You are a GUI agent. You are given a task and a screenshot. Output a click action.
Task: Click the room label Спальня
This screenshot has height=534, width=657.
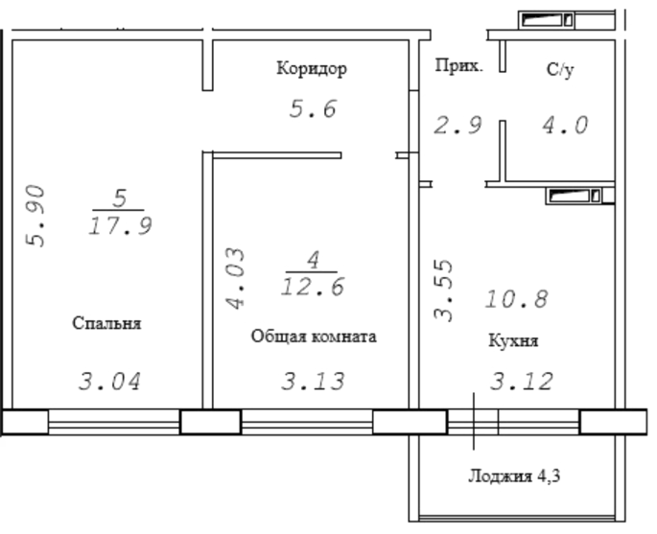106,324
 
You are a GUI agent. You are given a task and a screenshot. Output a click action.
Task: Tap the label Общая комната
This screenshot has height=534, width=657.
314,337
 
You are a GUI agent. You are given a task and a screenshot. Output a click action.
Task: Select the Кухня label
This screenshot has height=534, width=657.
513,341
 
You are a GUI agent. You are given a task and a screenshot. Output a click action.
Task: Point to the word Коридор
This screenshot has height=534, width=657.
312,68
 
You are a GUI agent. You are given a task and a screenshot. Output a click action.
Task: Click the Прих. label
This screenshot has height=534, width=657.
459,66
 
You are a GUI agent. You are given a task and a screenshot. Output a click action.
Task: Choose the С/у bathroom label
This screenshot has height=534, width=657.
560,70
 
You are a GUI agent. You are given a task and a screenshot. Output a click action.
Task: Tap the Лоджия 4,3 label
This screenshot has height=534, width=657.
514,476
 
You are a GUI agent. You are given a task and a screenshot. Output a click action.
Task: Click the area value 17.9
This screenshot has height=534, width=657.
120,226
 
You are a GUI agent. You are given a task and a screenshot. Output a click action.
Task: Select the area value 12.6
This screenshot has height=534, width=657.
313,288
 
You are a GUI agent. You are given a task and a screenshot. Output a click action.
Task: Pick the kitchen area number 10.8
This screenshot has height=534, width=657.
517,299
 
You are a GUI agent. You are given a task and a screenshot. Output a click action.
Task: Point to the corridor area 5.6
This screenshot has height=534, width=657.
313,109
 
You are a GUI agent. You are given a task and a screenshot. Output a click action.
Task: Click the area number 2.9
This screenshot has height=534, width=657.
458,126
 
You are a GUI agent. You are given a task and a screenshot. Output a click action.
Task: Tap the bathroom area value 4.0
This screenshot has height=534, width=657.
565,126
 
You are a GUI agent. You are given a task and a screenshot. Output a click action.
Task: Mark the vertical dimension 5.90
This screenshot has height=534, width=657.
35,216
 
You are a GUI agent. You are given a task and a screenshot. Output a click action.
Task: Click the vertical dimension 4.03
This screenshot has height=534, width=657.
235,279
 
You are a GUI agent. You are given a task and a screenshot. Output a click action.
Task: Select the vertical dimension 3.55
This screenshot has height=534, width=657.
443,290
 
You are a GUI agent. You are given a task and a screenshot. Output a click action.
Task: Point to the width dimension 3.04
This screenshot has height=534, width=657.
109,382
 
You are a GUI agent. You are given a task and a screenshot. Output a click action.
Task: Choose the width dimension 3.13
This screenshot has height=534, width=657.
313,382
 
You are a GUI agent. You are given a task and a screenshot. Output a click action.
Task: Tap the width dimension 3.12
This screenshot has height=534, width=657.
522,382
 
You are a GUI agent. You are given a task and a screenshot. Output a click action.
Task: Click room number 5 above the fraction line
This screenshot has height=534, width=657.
120,198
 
